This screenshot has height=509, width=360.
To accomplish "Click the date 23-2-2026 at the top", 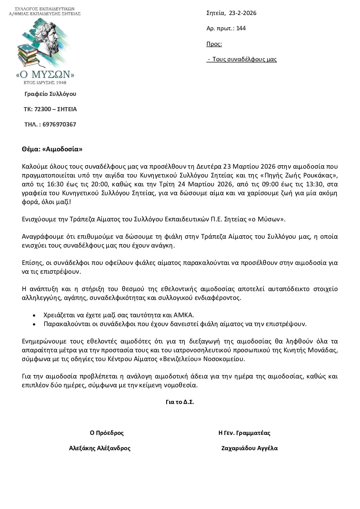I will [x=243, y=13].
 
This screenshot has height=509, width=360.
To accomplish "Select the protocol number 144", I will [x=241, y=28].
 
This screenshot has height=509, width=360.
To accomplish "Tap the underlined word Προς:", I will [x=214, y=44].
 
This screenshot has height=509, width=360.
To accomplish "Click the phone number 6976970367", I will [x=60, y=124].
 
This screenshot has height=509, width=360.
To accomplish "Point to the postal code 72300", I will [x=43, y=109].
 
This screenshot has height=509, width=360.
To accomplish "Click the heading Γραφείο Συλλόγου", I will [x=50, y=94].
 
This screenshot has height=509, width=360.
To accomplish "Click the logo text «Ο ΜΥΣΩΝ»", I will [x=45, y=74].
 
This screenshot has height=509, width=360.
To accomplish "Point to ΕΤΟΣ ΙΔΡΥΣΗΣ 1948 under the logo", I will [x=45, y=83].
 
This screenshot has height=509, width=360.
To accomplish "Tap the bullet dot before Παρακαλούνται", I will [x=34, y=324].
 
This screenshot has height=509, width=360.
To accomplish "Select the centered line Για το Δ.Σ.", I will [x=180, y=402].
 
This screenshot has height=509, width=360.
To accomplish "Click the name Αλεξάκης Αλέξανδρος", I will [x=100, y=448].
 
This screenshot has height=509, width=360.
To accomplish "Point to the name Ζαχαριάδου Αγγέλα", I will [x=249, y=448].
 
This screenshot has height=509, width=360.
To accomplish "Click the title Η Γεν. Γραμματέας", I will [x=244, y=433].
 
